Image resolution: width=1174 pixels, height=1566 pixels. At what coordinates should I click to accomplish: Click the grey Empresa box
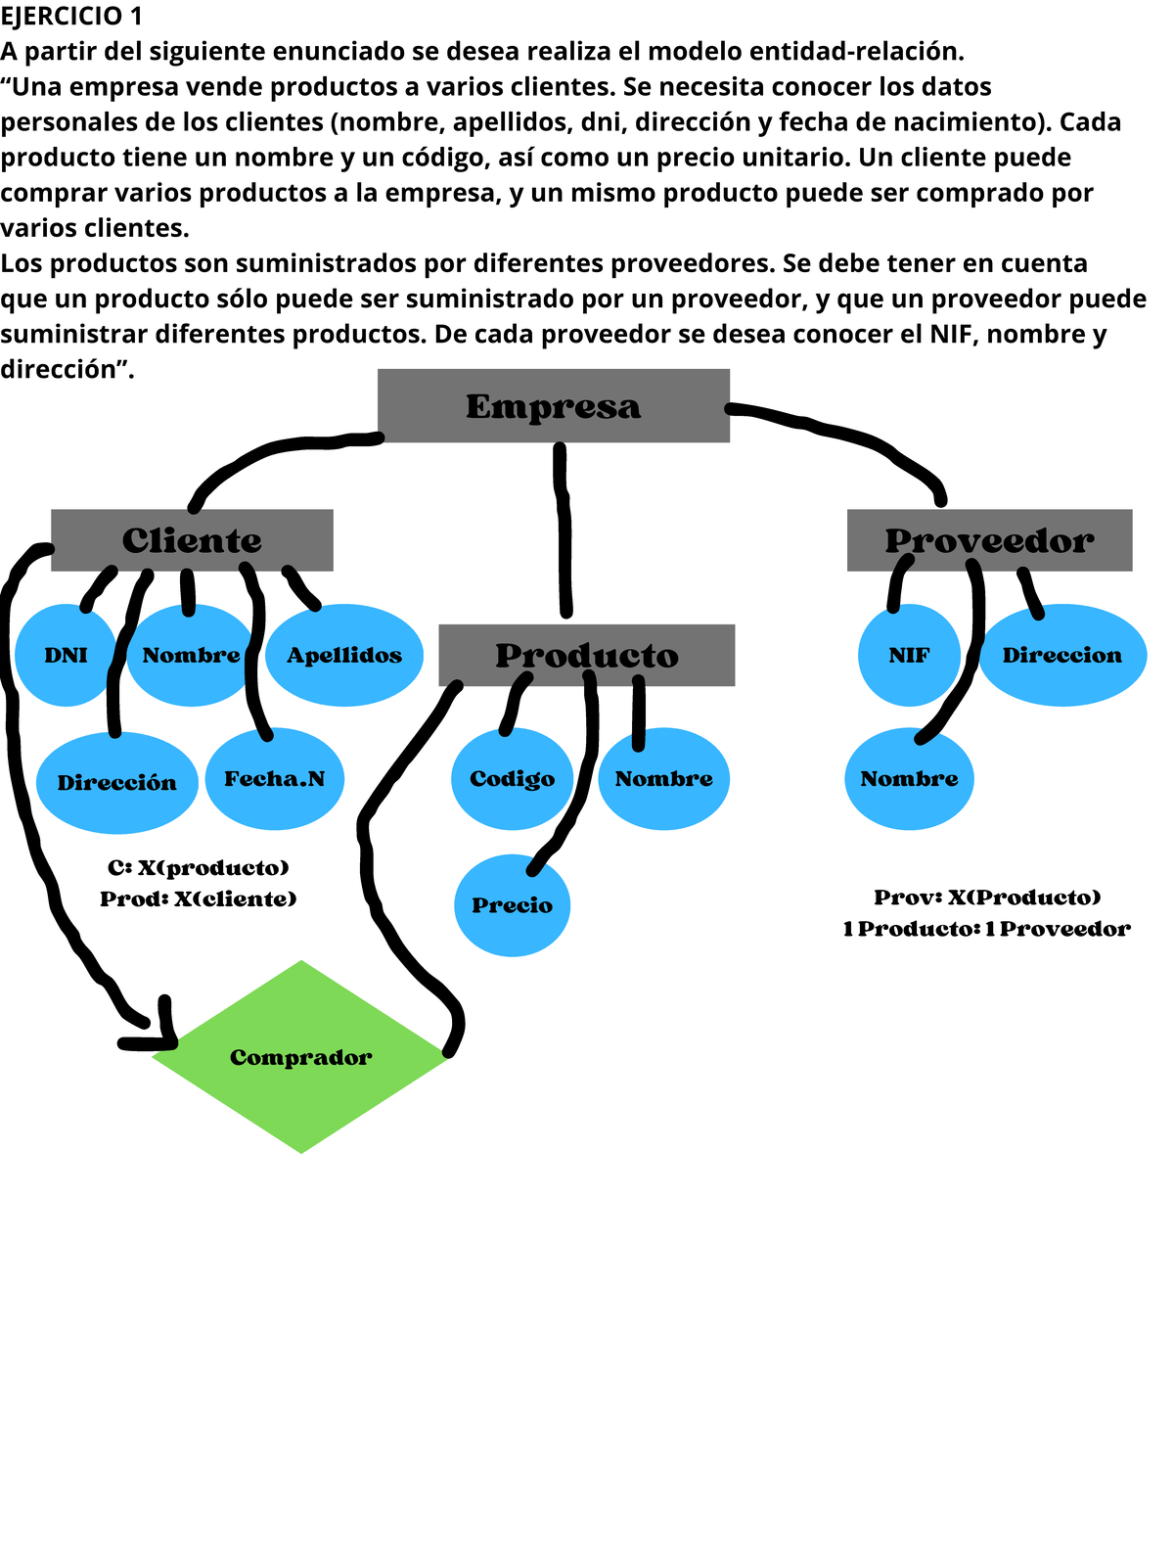[553, 405]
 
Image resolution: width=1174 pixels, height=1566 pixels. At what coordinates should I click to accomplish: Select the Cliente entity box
[192, 540]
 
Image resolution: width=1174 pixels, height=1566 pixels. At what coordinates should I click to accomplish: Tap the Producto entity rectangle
[586, 655]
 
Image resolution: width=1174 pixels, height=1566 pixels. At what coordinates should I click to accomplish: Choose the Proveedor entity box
[989, 540]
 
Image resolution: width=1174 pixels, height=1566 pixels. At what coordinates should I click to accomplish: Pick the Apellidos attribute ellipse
[344, 656]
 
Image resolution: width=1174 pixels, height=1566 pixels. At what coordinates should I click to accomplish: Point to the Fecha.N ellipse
[275, 779]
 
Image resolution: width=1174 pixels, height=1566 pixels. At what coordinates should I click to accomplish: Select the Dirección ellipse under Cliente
[116, 783]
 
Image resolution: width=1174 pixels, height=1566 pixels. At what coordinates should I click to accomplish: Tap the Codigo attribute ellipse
[512, 779]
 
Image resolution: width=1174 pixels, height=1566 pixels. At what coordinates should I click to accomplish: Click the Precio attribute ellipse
[512, 905]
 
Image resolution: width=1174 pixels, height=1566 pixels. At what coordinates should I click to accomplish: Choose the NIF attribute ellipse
[909, 656]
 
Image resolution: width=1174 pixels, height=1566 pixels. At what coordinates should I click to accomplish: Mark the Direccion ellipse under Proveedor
[1062, 656]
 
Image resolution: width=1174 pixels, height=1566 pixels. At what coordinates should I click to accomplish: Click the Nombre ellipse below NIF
[909, 779]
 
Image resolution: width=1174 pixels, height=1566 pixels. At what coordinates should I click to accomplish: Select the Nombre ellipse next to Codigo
[663, 779]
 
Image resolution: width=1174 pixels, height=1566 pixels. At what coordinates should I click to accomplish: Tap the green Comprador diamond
[300, 1057]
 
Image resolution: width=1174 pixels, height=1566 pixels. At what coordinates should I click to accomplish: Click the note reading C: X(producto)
[199, 868]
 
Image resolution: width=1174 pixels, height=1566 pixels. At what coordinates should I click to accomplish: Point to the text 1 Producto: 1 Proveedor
[986, 929]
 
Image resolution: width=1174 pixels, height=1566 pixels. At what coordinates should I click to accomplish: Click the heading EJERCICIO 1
[71, 16]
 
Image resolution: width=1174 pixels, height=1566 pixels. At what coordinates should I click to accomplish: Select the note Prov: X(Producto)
[987, 898]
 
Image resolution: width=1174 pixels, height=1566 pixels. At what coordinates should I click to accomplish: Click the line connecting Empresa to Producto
[564, 529]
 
